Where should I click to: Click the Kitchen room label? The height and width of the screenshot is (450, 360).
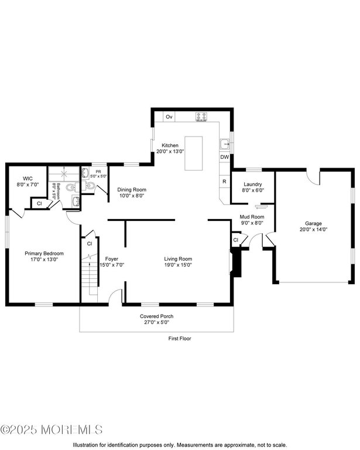click(170, 145)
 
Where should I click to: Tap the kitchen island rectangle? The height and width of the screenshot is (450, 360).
click(194, 153)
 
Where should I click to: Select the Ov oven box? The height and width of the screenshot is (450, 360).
click(169, 117)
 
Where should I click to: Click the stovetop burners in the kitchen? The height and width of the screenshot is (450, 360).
click(201, 117)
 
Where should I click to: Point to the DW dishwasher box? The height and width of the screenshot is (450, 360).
click(224, 157)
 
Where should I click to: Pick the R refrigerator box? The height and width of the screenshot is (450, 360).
click(224, 182)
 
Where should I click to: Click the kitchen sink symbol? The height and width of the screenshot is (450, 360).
click(225, 144)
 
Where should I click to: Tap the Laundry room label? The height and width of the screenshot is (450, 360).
click(253, 184)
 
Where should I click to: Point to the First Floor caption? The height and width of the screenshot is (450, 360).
click(180, 338)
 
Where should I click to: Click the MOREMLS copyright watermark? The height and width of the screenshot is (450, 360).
click(52, 429)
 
